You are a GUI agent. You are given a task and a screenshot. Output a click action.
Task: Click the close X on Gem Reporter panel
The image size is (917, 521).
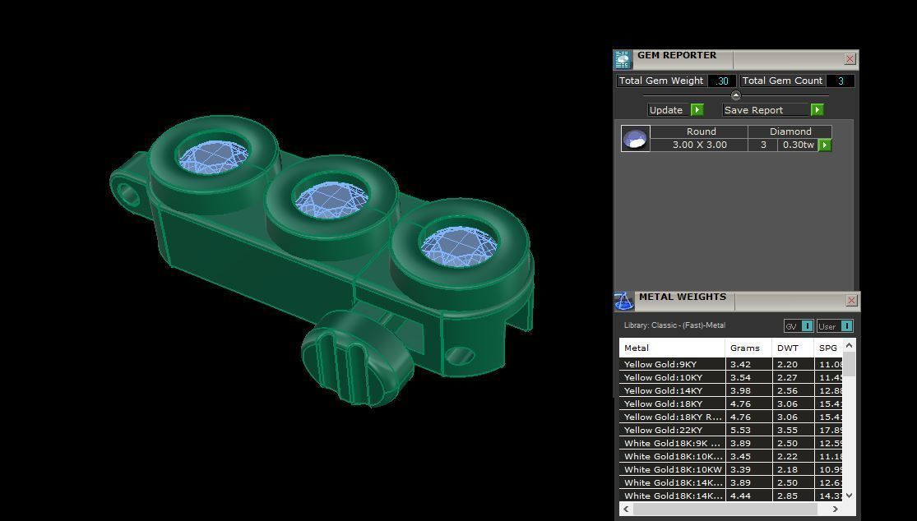click(x=850, y=59)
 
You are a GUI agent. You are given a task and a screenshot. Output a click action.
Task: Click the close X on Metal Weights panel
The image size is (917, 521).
click(x=851, y=301)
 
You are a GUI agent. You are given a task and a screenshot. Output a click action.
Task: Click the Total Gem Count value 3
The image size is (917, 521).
click(x=840, y=81)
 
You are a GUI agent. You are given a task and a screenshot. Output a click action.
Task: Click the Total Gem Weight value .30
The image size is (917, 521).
click(x=722, y=81)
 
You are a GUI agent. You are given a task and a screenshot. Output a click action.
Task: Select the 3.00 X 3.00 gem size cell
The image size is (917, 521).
click(x=699, y=145)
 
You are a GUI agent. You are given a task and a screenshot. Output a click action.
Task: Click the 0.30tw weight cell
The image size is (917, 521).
click(x=797, y=145)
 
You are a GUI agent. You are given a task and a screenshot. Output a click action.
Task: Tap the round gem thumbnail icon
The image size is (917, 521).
click(x=635, y=139)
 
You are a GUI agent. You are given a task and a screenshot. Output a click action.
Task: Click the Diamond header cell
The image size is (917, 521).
click(x=790, y=131)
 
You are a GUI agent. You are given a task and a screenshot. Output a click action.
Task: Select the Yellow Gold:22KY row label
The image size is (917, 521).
click(x=663, y=430)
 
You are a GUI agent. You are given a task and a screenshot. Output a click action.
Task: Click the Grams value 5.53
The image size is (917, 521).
click(x=740, y=430)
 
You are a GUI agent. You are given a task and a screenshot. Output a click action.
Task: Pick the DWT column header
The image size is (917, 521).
click(x=787, y=348)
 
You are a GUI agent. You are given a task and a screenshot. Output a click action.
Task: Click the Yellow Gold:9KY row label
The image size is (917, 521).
click(x=660, y=364)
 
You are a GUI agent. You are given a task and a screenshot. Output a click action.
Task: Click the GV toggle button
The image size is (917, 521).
click(x=798, y=326)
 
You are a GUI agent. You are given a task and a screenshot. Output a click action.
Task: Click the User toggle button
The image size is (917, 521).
click(x=835, y=326)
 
